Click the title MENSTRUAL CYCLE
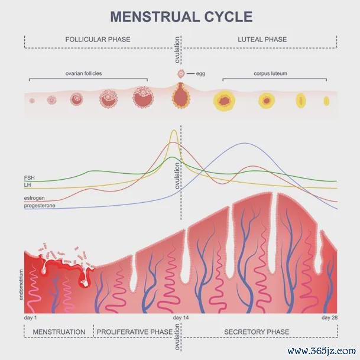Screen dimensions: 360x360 click(x=181, y=17)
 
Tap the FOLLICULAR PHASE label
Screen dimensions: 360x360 click(x=98, y=40)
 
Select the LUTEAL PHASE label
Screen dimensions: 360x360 click(x=262, y=40)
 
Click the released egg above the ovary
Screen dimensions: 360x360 click(x=181, y=74)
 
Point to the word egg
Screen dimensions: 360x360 click(x=200, y=74)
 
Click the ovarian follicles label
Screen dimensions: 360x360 click(x=83, y=73)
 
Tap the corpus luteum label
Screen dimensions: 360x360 click(x=271, y=73)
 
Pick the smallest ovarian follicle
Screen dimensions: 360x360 click(x=32, y=100)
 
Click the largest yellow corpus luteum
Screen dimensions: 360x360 click(x=224, y=101)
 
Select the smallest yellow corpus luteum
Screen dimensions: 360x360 click(x=326, y=101)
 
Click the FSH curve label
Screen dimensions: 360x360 click(x=29, y=178)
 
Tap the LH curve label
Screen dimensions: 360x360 click(x=27, y=185)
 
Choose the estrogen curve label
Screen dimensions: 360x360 click(x=34, y=198)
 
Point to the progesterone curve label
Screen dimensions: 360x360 click(x=40, y=206)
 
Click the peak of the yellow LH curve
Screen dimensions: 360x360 click(x=174, y=130)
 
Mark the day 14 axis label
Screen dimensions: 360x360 click(x=181, y=318)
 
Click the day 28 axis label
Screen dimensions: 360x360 click(x=329, y=318)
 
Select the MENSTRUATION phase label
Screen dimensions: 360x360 click(x=59, y=332)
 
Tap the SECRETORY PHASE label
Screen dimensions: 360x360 click(x=257, y=332)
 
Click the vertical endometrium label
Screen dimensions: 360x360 click(x=21, y=285)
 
